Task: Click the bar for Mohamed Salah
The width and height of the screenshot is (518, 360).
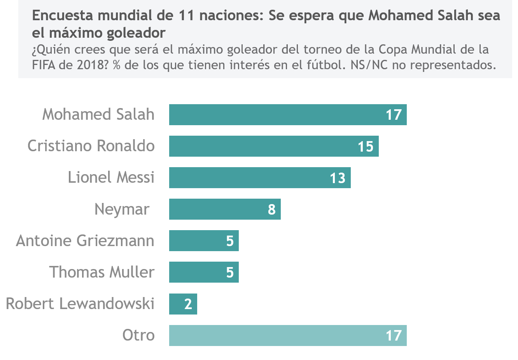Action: click(x=288, y=115)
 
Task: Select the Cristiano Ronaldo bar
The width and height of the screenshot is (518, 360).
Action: click(x=274, y=146)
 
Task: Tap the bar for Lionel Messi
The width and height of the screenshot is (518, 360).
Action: click(x=260, y=178)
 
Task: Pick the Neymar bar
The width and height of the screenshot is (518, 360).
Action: click(x=225, y=209)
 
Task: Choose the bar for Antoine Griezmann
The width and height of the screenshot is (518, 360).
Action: click(x=204, y=241)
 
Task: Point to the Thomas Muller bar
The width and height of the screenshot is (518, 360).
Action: click(x=204, y=272)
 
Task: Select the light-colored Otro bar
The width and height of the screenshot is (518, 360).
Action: click(x=288, y=335)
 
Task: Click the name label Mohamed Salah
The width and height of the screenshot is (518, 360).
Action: click(x=98, y=114)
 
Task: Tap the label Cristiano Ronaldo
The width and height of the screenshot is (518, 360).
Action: click(x=91, y=146)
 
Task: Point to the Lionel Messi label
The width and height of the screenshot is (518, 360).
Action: click(x=111, y=177)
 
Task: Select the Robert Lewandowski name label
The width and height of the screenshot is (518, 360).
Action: click(x=80, y=304)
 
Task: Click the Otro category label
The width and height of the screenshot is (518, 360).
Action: click(x=138, y=335)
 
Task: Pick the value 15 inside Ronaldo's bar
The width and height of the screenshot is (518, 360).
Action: click(x=366, y=147)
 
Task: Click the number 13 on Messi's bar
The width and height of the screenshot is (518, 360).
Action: click(x=338, y=178)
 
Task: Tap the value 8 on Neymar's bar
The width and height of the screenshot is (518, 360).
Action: click(x=272, y=210)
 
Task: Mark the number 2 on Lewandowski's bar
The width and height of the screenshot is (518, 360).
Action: click(x=188, y=304)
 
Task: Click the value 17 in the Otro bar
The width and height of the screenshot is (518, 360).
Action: click(x=394, y=336)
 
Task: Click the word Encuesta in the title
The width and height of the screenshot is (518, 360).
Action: click(x=63, y=16)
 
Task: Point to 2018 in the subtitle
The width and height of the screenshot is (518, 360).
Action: click(x=89, y=65)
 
